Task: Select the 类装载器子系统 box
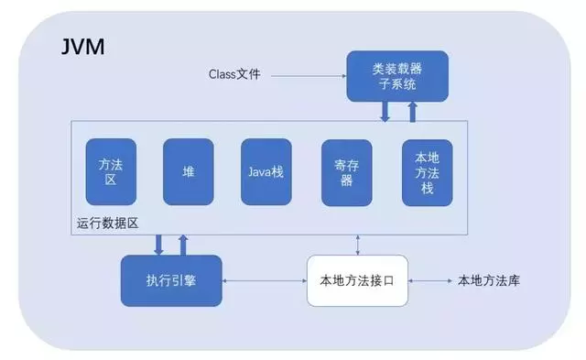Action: point(397,76)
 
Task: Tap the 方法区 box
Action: point(110,171)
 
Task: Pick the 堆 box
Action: point(188,171)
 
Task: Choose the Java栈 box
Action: point(266,171)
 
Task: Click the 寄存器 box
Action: point(346,171)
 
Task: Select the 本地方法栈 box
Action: point(426,171)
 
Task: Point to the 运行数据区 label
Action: point(105,223)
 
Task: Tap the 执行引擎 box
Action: point(171,280)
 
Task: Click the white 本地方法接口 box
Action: point(357,280)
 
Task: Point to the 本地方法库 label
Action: point(489,280)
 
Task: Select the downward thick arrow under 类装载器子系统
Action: point(385,111)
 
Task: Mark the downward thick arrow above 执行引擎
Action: point(159,245)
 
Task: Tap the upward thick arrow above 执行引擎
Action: point(183,245)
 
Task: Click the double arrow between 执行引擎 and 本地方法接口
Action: point(264,280)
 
